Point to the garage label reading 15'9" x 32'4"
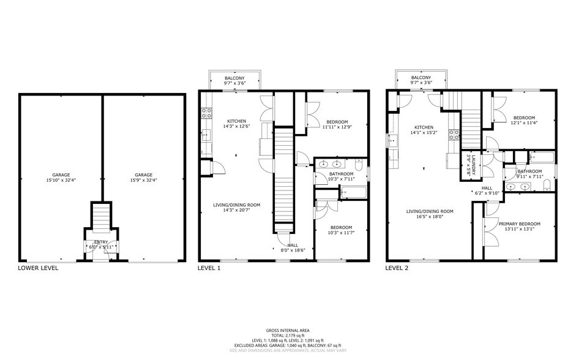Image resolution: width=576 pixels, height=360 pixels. tap(143, 178)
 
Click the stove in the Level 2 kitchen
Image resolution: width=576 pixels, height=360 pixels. tap(455, 134)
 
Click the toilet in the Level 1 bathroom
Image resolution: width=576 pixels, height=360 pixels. tap(359, 166)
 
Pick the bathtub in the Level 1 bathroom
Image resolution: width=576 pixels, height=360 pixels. tap(351, 193)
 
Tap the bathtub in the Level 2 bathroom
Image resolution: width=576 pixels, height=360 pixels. tap(542, 158)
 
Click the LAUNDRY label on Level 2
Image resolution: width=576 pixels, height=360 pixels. tap(469, 164)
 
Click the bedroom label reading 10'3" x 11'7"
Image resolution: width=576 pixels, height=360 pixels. tap(341, 230)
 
